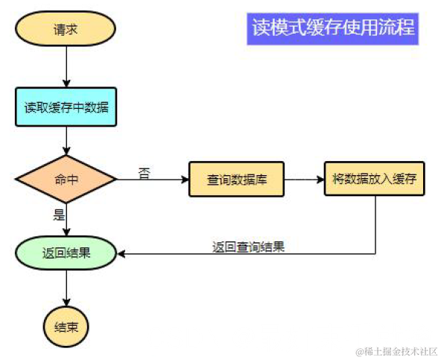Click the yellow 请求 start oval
click(66, 30)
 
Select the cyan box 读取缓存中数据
click(66, 107)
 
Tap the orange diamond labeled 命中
click(66, 179)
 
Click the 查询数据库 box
click(235, 180)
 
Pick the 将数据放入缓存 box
click(374, 179)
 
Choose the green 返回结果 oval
click(66, 253)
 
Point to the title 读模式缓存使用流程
click(333, 28)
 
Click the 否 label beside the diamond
click(144, 172)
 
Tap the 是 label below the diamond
click(59, 215)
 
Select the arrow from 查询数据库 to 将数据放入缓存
click(303, 180)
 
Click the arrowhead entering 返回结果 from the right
click(122, 253)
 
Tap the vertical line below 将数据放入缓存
click(374, 224)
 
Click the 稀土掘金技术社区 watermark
click(396, 350)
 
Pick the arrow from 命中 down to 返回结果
click(66, 220)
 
